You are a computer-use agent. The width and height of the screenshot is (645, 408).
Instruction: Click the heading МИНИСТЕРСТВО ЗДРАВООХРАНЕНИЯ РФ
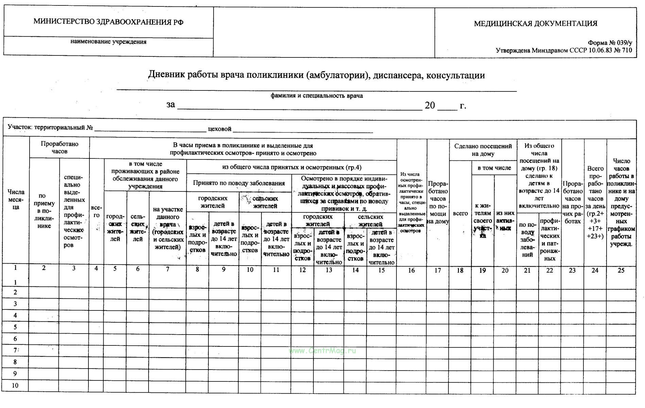(x=108, y=22)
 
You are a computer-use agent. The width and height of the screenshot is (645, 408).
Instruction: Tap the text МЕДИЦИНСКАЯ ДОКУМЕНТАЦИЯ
(x=536, y=23)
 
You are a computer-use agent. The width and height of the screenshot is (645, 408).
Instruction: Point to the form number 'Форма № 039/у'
(x=610, y=43)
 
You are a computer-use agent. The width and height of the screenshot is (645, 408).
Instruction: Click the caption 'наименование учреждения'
(x=108, y=42)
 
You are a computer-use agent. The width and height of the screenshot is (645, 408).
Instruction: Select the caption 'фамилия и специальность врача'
(x=317, y=96)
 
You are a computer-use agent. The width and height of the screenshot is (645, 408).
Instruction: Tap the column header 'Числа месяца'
(x=16, y=199)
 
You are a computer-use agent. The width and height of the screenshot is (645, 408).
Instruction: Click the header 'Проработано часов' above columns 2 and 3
(x=60, y=148)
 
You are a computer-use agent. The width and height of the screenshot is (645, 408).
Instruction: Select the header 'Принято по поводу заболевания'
(x=239, y=183)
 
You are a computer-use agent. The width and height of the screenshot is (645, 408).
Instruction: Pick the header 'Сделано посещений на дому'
(x=483, y=150)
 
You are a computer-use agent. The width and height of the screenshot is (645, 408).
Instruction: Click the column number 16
(x=411, y=270)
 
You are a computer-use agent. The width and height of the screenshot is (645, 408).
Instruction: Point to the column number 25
(x=621, y=270)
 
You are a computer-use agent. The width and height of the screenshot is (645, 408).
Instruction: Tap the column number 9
(x=223, y=270)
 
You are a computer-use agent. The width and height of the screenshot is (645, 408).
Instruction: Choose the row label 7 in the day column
(x=15, y=350)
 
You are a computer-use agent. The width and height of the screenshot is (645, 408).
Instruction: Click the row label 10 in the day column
(x=15, y=385)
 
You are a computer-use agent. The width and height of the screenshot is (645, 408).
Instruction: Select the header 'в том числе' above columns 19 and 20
(x=494, y=168)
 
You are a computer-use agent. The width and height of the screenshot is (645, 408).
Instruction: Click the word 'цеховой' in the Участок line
(x=220, y=129)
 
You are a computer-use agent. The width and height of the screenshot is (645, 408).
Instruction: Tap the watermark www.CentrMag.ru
(x=322, y=351)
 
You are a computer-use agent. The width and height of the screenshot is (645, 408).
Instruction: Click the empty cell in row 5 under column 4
(x=96, y=327)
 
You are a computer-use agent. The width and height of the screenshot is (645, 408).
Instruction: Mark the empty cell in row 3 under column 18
(x=460, y=304)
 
